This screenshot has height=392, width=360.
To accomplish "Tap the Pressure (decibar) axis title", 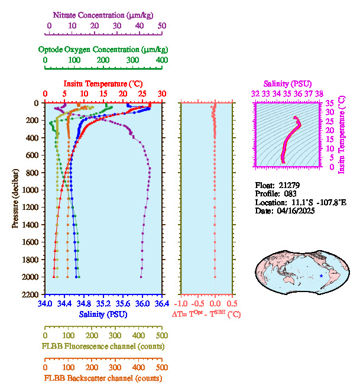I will (x=15, y=199).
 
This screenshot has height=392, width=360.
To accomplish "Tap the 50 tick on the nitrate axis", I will (x=161, y=25).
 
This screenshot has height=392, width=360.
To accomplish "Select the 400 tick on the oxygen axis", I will (x=161, y=60).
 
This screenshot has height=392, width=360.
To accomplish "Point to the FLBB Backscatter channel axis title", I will (x=102, y=378).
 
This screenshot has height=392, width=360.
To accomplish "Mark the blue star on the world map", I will (x=322, y=276).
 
